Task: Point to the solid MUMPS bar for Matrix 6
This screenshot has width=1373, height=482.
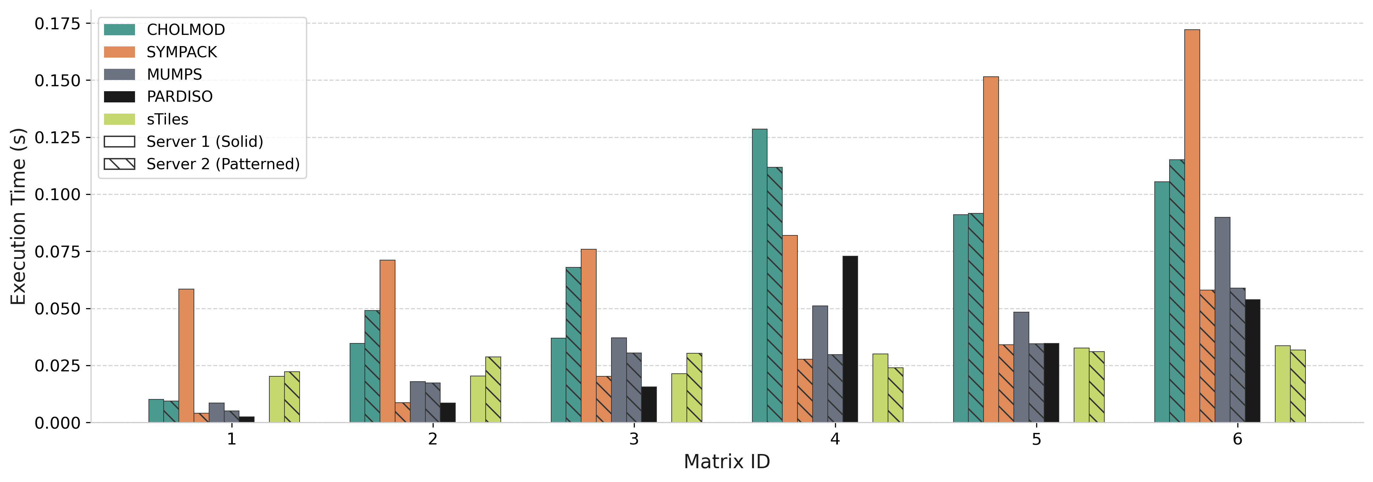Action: coord(1222,320)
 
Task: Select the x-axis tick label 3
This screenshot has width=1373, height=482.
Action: coord(634,439)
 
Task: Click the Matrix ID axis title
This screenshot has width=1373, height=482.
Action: coord(726,462)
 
